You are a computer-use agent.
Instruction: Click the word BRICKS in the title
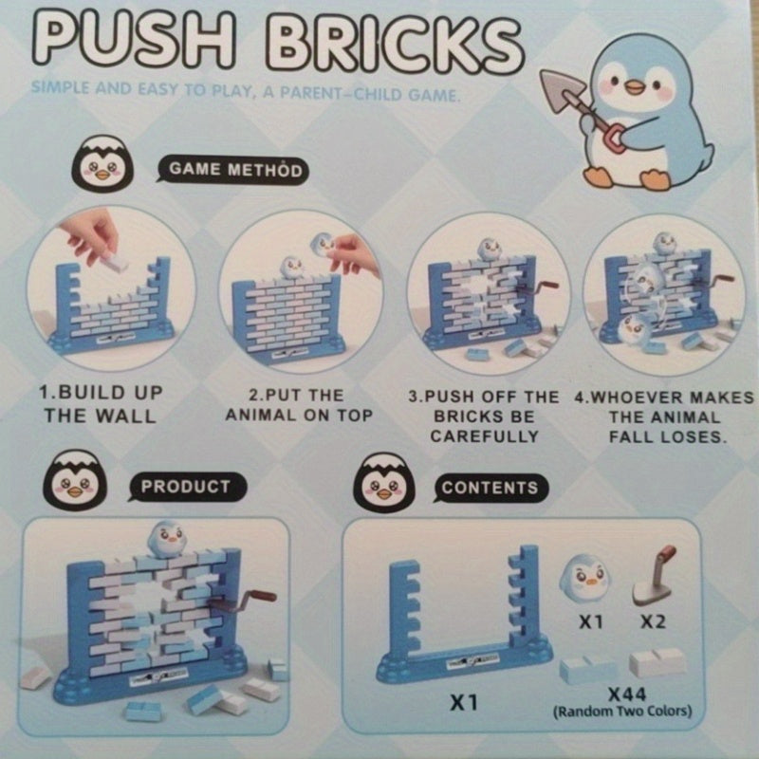[394, 45]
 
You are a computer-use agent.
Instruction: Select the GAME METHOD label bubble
[232, 170]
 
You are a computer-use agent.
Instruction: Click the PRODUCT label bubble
[186, 486]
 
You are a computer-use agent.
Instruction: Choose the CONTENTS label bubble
[490, 487]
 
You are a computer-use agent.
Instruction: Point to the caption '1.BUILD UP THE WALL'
[101, 405]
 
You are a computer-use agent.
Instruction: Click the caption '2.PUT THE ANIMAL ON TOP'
[299, 406]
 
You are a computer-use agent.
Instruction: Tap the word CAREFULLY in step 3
[485, 436]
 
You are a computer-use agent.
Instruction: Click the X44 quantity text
[626, 695]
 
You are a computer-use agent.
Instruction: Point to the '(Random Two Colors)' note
[622, 712]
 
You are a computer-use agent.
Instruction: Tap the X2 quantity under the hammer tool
[653, 621]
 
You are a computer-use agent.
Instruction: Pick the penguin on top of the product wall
[166, 539]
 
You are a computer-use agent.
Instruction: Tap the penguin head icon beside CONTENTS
[384, 482]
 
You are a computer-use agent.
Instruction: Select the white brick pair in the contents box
[657, 662]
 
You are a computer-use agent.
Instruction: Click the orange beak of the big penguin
[634, 87]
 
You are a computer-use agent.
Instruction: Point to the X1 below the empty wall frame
[464, 702]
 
